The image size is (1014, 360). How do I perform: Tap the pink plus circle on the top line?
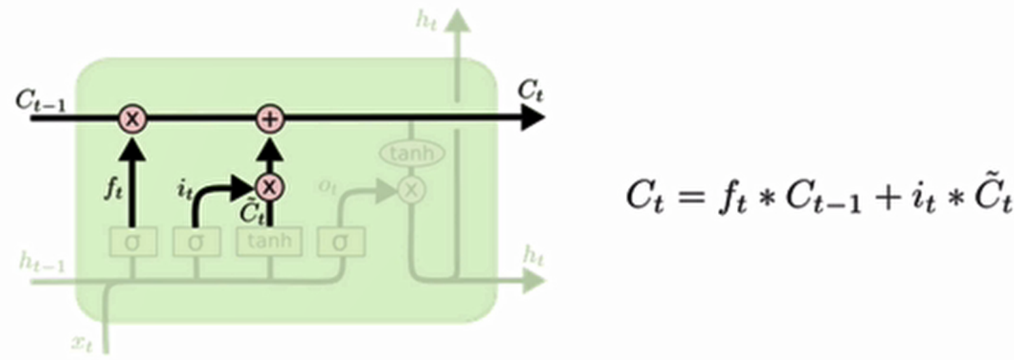coord(270,119)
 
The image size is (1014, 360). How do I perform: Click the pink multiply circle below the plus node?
coord(270,186)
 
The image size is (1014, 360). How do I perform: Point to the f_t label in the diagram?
coord(113,188)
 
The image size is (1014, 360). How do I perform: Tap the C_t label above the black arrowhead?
coord(530,90)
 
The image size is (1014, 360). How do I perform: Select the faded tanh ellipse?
coord(412,154)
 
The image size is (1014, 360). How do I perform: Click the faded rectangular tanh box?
coord(269,241)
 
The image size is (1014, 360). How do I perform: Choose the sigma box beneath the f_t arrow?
coord(133,241)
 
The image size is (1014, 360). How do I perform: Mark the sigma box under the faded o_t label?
coord(340,241)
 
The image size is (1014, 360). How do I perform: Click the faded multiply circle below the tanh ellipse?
coord(411,191)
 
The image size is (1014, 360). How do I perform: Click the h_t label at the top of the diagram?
coord(427,20)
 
